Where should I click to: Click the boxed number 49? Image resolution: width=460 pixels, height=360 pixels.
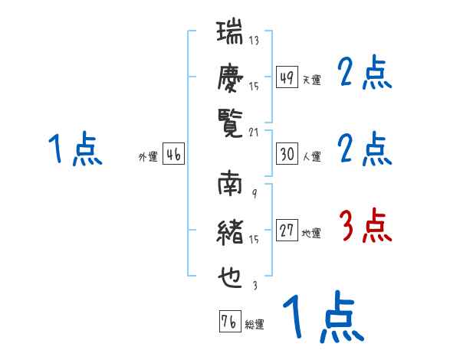pyautogui.click(x=286, y=78)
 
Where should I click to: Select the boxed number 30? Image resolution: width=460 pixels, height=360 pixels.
pyautogui.click(x=286, y=154)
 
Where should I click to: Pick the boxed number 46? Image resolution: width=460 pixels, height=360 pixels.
pyautogui.click(x=173, y=154)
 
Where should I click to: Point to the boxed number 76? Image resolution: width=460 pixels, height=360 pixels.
pyautogui.click(x=228, y=322)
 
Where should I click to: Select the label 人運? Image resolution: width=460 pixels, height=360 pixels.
pyautogui.click(x=311, y=157)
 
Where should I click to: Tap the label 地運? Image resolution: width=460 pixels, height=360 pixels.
pyautogui.click(x=311, y=234)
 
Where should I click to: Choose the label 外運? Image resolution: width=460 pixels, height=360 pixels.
pyautogui.click(x=147, y=157)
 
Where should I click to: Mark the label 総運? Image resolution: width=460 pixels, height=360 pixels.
pyautogui.click(x=254, y=325)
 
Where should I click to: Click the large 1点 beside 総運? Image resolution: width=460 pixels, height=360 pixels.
pyautogui.click(x=324, y=318)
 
